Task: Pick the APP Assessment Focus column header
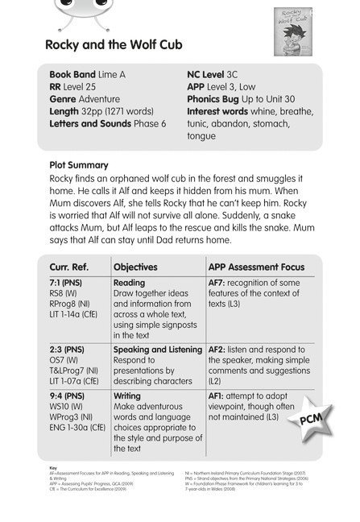[x=251, y=266]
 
